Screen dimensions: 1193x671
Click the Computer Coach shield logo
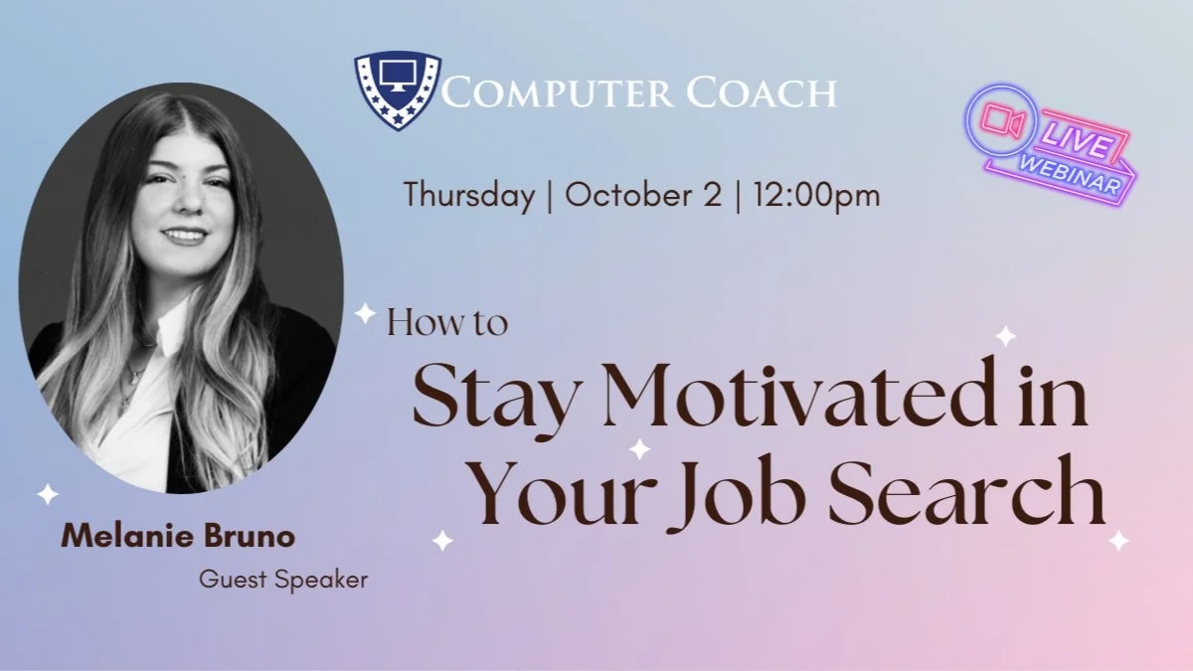(x=398, y=90)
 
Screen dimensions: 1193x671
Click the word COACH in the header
(x=763, y=93)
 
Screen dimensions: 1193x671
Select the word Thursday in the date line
(x=469, y=196)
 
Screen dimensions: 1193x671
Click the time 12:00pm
(x=816, y=197)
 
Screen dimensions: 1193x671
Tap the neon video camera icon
(x=1002, y=120)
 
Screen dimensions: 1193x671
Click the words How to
(x=447, y=323)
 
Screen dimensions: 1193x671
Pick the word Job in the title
(x=736, y=494)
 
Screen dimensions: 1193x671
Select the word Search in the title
(x=967, y=490)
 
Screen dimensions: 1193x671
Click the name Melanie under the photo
(x=127, y=536)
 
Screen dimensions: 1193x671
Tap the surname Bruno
(x=250, y=536)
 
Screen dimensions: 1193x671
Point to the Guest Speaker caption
(x=283, y=580)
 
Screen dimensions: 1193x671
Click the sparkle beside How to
(x=366, y=313)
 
